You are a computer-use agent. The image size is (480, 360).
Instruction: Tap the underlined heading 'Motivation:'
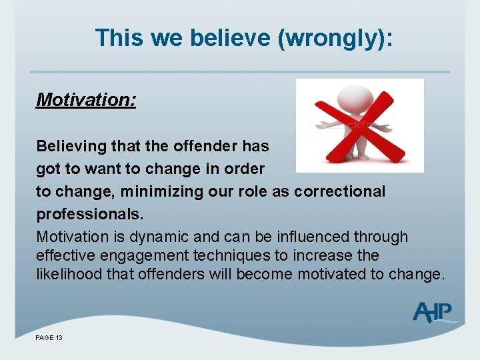[x=86, y=100]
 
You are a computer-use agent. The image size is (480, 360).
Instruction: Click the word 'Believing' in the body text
[x=67, y=146]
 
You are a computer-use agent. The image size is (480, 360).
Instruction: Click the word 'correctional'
[x=339, y=191]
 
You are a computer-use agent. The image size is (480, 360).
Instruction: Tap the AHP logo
[x=434, y=311]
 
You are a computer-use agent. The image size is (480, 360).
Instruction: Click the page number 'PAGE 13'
[x=49, y=338]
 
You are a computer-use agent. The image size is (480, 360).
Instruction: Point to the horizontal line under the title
[x=240, y=72]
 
